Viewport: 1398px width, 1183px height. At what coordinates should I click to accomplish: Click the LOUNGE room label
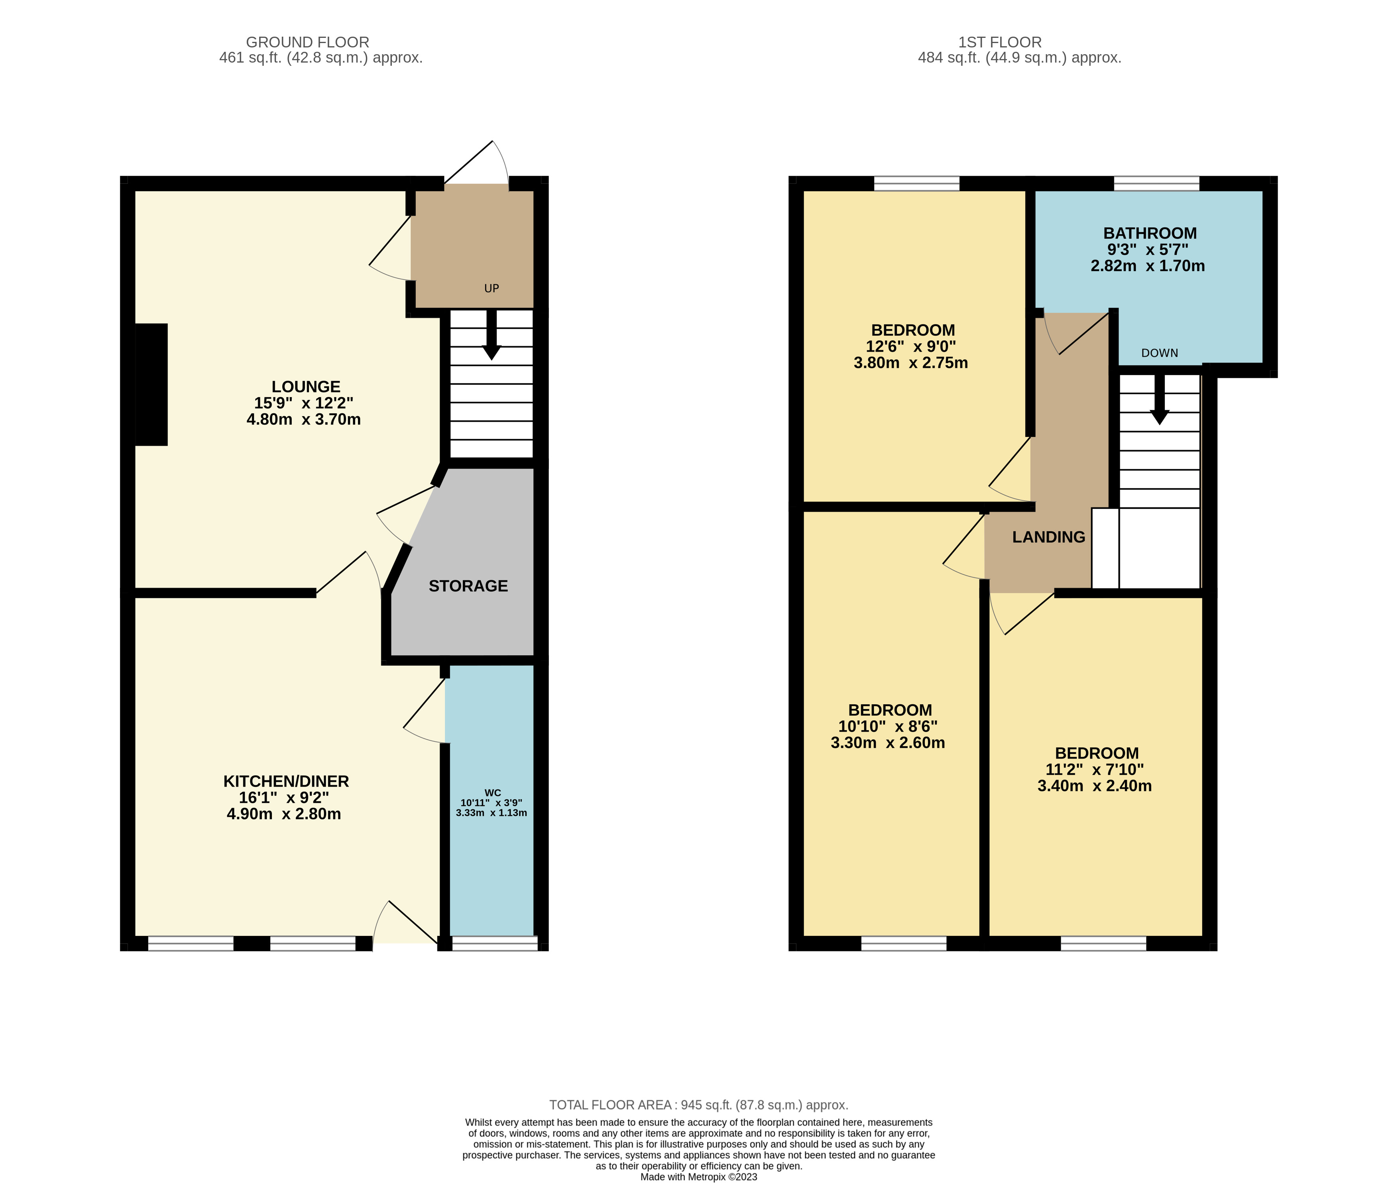pyautogui.click(x=305, y=387)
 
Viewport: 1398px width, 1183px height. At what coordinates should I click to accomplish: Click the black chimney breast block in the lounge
pyautogui.click(x=151, y=384)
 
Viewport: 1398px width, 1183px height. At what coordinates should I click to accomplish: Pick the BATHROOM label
pyautogui.click(x=1150, y=234)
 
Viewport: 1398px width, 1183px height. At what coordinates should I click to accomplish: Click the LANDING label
pyautogui.click(x=1048, y=537)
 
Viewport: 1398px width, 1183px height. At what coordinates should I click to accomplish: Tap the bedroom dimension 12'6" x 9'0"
pyautogui.click(x=910, y=347)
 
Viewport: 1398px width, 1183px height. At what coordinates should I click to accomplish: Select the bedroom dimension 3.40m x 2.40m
pyautogui.click(x=1094, y=786)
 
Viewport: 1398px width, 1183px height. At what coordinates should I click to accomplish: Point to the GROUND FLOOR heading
pyautogui.click(x=307, y=42)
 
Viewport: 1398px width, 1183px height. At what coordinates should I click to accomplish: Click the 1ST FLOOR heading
pyautogui.click(x=999, y=42)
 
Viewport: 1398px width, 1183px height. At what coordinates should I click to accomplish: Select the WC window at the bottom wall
pyautogui.click(x=494, y=943)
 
